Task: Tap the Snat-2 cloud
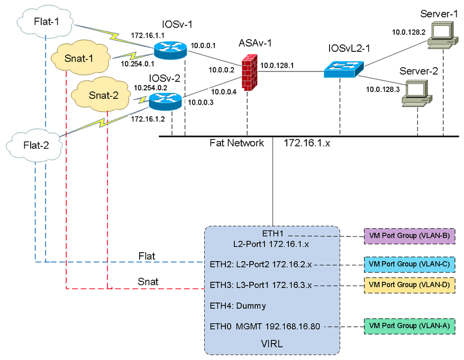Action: tap(101, 94)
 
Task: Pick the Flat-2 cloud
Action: tap(34, 145)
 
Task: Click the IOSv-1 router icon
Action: tap(170, 50)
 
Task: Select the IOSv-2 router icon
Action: tap(165, 101)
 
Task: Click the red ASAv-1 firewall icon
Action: tap(249, 72)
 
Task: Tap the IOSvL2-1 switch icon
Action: tap(343, 69)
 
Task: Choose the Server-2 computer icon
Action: tap(417, 93)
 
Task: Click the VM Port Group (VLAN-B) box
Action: tap(410, 236)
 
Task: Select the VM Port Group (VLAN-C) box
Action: tap(410, 264)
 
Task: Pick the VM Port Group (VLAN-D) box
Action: tap(410, 285)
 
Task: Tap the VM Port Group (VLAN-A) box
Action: tap(410, 326)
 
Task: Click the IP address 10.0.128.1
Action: tap(277, 66)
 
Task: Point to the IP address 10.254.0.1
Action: tap(138, 63)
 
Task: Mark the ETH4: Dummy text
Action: tap(238, 306)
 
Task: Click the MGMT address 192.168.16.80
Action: tap(293, 326)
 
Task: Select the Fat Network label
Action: tap(236, 143)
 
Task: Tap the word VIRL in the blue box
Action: tap(271, 344)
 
